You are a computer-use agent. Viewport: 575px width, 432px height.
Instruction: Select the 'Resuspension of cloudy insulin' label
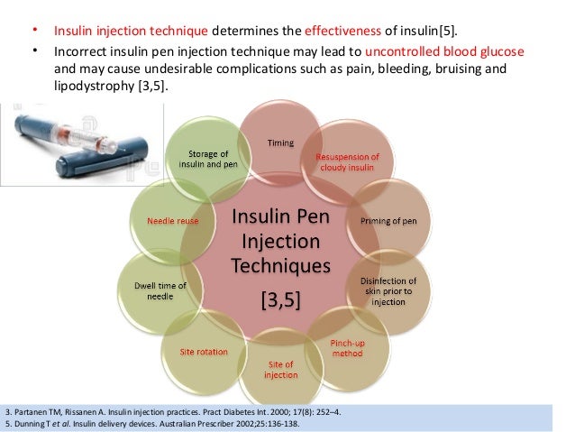[347, 163]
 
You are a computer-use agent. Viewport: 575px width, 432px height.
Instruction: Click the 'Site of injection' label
[277, 369]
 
